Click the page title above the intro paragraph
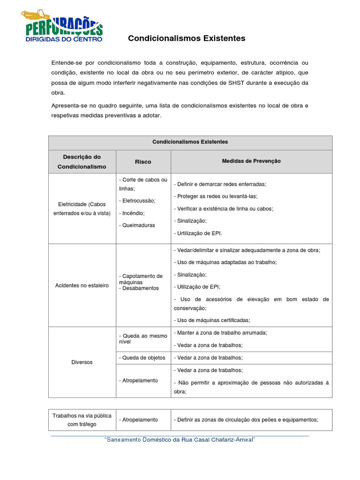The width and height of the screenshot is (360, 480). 187,38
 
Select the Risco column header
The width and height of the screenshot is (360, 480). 143,162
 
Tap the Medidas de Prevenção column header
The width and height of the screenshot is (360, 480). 251,161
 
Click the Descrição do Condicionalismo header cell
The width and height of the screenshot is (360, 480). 82,162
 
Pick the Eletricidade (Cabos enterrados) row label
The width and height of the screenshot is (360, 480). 82,209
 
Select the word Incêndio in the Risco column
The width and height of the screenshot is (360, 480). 132,212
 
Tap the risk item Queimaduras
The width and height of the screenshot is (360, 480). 137,225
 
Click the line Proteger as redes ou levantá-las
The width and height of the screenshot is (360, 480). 216,196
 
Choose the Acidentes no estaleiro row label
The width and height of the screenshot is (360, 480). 82,285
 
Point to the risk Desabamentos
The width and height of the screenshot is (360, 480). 140,288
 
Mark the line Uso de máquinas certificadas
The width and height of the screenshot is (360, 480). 212,320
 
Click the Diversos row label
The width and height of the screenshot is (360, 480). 82,362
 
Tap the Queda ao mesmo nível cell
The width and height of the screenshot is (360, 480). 143,339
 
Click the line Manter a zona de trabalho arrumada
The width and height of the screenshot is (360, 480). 220,333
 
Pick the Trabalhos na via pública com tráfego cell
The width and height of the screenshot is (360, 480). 82,420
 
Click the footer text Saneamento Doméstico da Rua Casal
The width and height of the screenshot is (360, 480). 180,440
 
